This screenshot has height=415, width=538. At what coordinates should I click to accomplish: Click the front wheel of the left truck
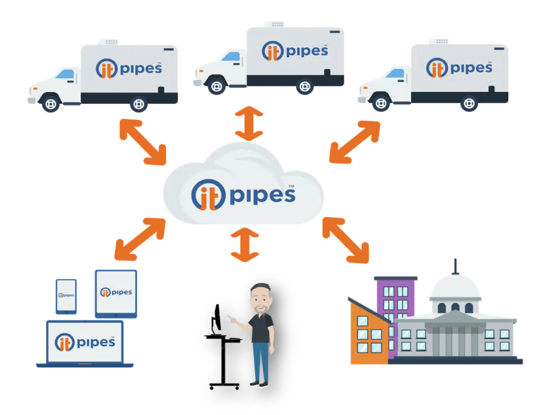click(51, 104)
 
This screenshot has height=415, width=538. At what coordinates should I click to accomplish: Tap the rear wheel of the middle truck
click(304, 87)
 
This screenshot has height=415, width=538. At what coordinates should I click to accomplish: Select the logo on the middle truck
click(295, 51)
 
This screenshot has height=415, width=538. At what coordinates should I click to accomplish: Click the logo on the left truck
click(129, 68)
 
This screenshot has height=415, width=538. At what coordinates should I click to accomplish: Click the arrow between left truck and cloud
click(143, 142)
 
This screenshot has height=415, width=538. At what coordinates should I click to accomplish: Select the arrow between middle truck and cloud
click(250, 123)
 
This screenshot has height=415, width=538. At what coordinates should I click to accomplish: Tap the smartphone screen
click(66, 295)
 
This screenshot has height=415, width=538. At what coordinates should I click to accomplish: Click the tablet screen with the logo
click(116, 292)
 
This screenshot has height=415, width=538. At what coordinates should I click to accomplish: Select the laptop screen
click(85, 342)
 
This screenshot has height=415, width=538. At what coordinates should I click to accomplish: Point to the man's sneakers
click(259, 384)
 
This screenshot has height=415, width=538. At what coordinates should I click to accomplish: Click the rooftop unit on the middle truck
click(273, 24)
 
